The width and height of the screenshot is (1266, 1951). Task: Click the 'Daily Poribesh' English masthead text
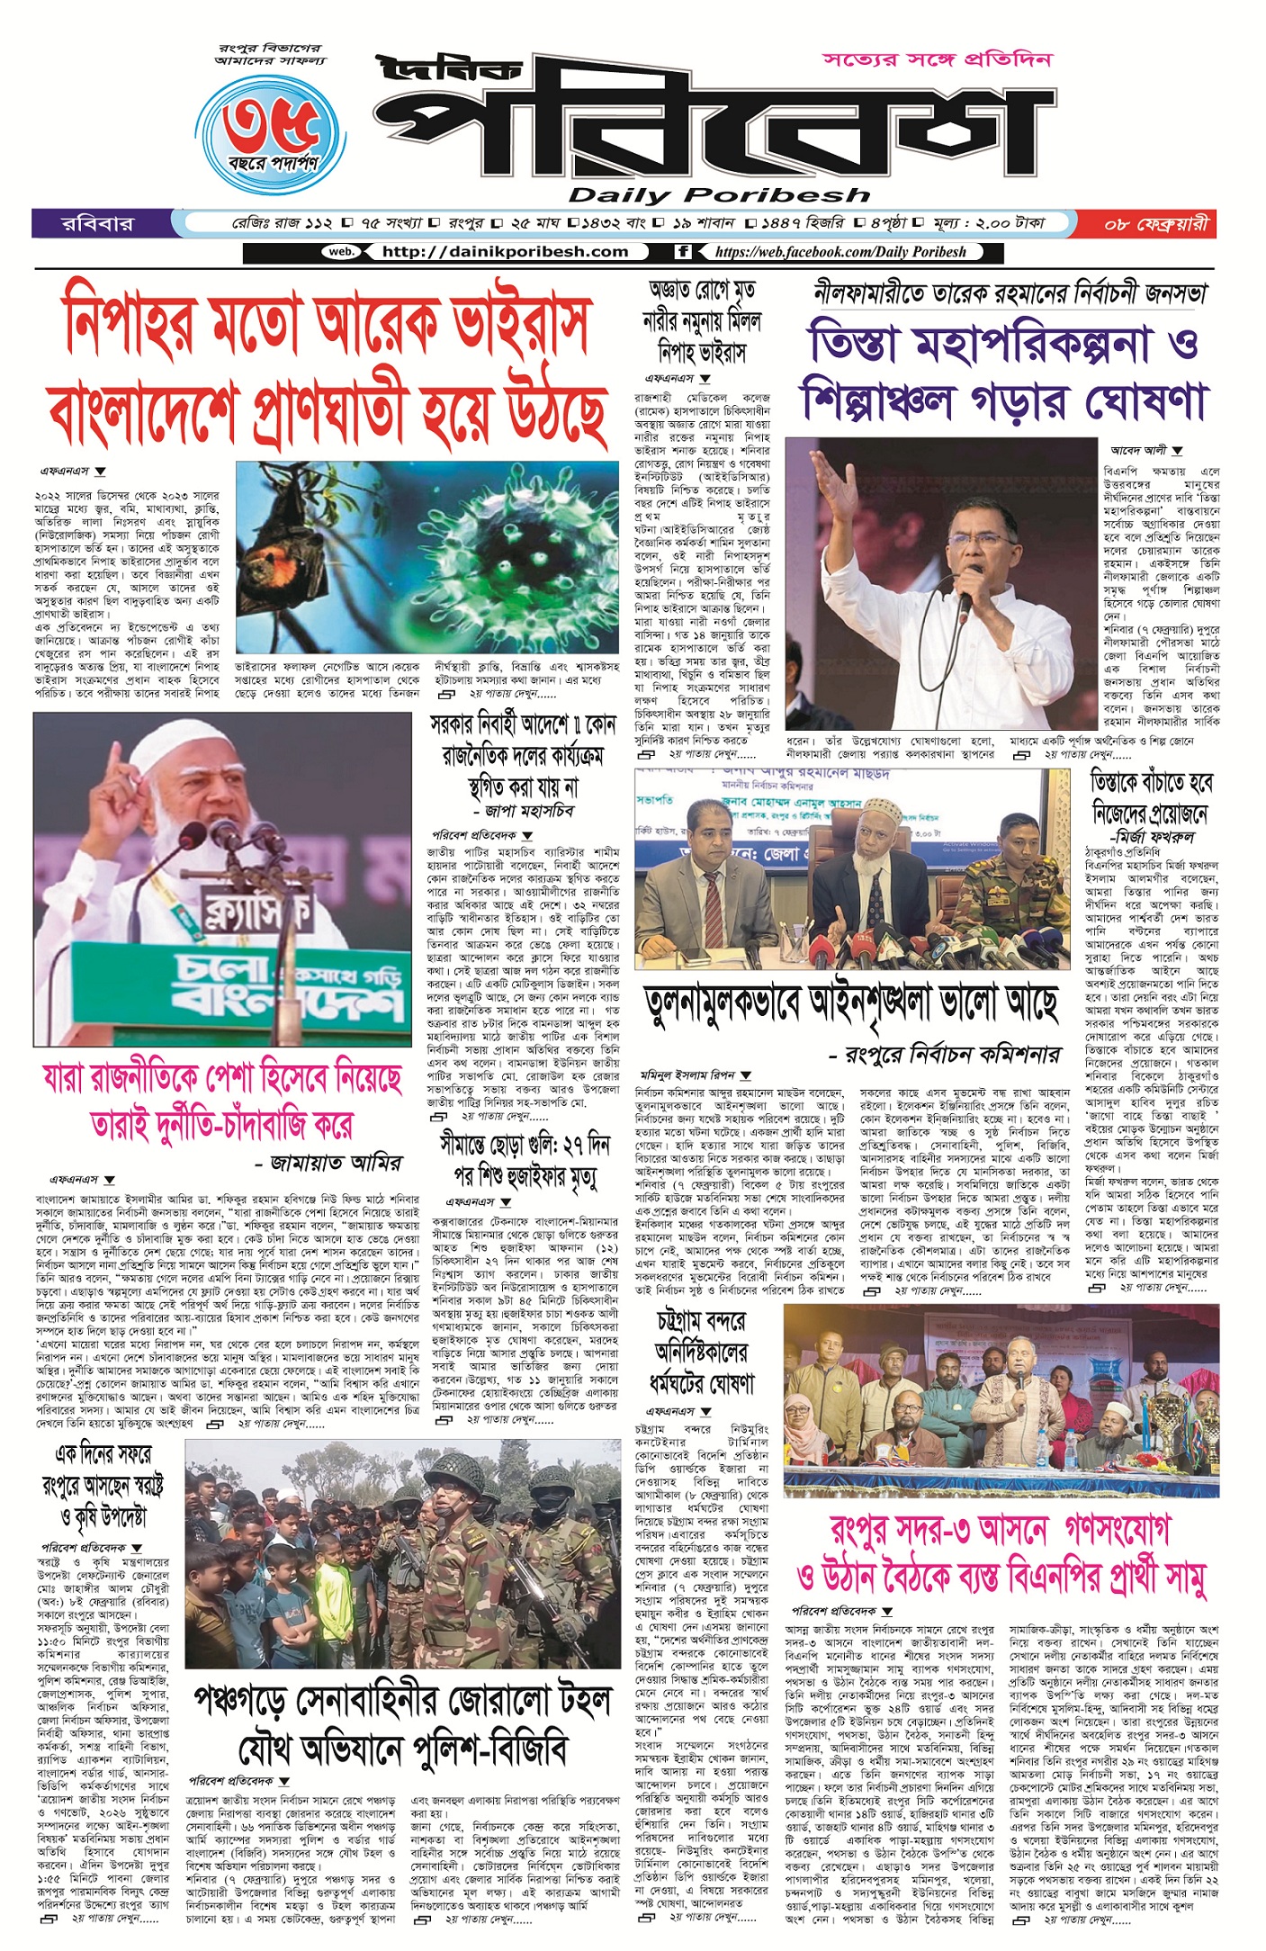tap(719, 195)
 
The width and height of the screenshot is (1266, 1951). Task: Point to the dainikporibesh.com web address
tap(505, 252)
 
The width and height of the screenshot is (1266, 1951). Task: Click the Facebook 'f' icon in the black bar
tap(683, 252)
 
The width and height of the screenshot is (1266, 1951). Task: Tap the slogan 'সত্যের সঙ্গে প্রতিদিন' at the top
tap(937, 60)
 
